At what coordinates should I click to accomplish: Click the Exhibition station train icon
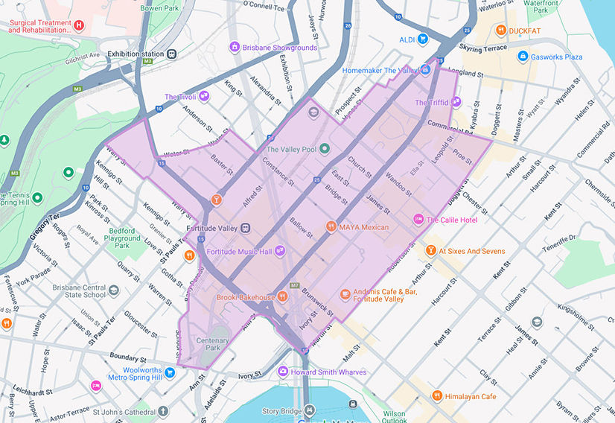[172, 54]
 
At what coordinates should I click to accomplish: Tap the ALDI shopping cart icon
[423, 39]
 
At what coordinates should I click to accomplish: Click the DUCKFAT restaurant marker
[503, 31]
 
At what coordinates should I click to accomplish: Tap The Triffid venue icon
[456, 102]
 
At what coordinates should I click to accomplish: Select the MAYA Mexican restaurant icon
[331, 226]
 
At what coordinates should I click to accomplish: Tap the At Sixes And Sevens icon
[430, 251]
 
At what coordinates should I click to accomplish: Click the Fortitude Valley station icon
[246, 228]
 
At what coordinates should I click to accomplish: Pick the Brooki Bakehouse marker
[283, 296]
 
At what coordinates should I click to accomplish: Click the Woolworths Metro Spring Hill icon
[170, 372]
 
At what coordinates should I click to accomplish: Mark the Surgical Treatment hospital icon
[79, 25]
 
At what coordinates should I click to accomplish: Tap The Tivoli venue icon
[203, 97]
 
